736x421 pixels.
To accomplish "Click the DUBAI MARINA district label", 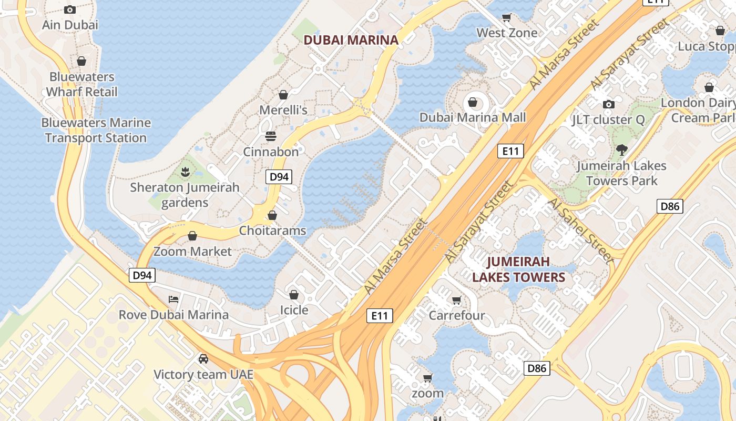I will [351, 39].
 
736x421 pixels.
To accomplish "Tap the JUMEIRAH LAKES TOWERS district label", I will [518, 269].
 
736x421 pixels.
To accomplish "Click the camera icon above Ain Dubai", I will [70, 9].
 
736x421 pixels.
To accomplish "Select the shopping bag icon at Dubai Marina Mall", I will [472, 102].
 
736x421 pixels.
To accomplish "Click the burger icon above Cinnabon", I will [271, 137].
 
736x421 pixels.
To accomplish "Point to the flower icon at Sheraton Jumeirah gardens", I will [185, 172].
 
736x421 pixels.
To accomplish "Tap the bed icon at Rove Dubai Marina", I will [173, 299].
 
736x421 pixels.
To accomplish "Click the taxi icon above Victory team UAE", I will [203, 359].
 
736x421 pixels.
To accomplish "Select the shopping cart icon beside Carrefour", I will [456, 300].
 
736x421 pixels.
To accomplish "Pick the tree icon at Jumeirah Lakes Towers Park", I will [621, 150].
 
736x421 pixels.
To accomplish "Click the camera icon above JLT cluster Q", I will [608, 104].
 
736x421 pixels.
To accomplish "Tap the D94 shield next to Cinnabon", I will [279, 177].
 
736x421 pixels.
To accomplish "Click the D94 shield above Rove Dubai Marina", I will [142, 275].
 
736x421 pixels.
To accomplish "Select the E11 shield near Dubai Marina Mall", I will [510, 152].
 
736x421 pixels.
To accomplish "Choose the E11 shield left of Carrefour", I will [379, 316].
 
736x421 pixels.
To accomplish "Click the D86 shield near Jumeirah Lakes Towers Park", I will [670, 206].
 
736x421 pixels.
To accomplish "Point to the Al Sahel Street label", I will [580, 231].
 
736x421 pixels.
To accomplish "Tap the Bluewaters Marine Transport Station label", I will [96, 130].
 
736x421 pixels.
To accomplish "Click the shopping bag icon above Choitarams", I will [272, 215].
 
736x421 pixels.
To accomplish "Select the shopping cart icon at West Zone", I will [506, 18].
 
